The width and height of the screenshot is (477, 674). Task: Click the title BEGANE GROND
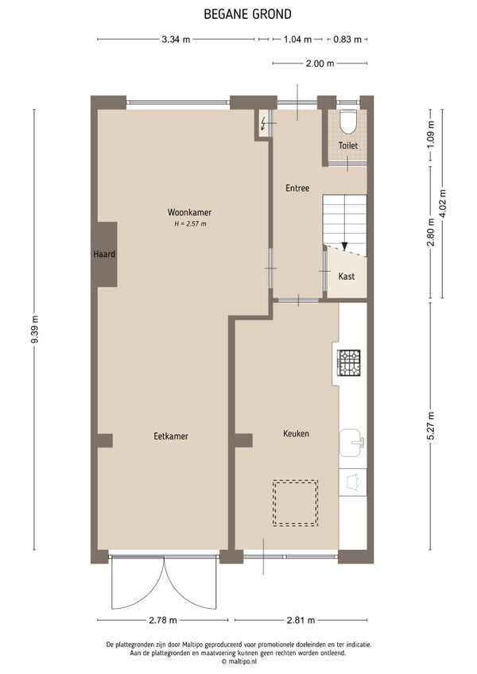pos(248,14)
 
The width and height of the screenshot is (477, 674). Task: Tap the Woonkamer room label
pos(189,212)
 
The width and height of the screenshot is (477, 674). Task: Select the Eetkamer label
pos(171,436)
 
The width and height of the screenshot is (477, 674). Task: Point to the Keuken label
pos(296,434)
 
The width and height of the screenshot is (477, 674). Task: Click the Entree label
pos(297,188)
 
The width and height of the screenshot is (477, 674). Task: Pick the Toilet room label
pos(348,145)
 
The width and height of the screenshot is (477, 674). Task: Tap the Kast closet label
pos(347,277)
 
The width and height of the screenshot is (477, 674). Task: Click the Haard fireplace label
pos(104,254)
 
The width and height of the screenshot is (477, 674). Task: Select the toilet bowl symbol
pos(347,122)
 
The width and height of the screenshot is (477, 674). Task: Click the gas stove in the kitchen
pos(349,363)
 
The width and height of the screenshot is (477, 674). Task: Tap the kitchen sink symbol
pos(353,442)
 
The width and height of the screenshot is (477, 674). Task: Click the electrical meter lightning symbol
pos(263,123)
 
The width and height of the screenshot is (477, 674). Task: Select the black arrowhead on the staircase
pos(344,246)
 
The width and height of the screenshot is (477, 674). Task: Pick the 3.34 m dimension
pos(176,40)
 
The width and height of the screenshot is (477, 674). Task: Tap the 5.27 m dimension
pos(431,425)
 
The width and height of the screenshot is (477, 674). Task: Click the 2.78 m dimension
pos(163,620)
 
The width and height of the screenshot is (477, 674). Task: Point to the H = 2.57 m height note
pos(190,224)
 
